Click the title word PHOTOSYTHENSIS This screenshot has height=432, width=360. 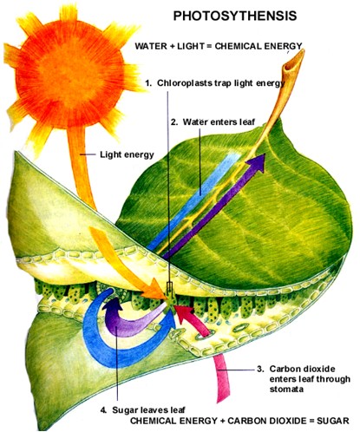pyautogui.click(x=235, y=16)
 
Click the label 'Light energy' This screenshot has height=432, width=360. pyautogui.click(x=127, y=154)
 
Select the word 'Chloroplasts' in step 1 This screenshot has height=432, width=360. pyautogui.click(x=184, y=83)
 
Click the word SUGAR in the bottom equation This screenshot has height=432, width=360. pyautogui.click(x=333, y=421)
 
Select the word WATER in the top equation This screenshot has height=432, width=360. pyautogui.click(x=151, y=46)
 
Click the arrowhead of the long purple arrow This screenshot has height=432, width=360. pyautogui.click(x=258, y=163)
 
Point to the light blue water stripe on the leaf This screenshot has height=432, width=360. pyautogui.click(x=193, y=201)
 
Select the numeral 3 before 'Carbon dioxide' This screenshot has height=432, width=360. pyautogui.click(x=259, y=370)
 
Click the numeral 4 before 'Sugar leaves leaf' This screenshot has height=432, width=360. pyautogui.click(x=103, y=410)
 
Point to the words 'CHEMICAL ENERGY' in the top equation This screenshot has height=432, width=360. pyautogui.click(x=259, y=46)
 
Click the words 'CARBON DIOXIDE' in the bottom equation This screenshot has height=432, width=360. pyautogui.click(x=267, y=421)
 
